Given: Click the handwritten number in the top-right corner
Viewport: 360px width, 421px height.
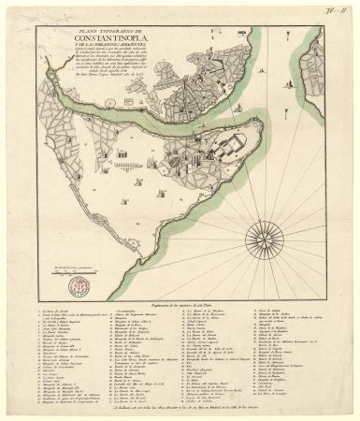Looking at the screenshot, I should [334, 11].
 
